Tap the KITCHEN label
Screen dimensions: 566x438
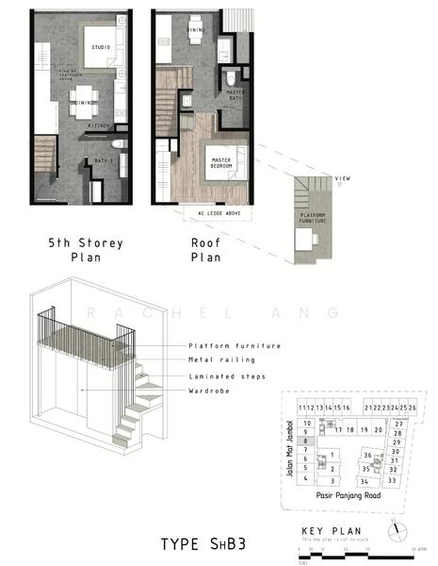coord(99,125)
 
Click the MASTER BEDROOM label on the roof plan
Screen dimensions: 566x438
coord(221,163)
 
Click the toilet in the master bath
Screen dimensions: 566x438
coord(230,75)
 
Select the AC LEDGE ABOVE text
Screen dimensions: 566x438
coord(219,213)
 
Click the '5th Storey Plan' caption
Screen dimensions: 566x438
coord(86,250)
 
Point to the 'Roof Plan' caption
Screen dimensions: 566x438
coord(205,250)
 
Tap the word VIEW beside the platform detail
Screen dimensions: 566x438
coord(343,178)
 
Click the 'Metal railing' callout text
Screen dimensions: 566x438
coord(220,360)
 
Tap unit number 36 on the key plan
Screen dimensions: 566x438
coord(366,455)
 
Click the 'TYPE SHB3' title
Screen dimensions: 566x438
coord(203,545)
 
